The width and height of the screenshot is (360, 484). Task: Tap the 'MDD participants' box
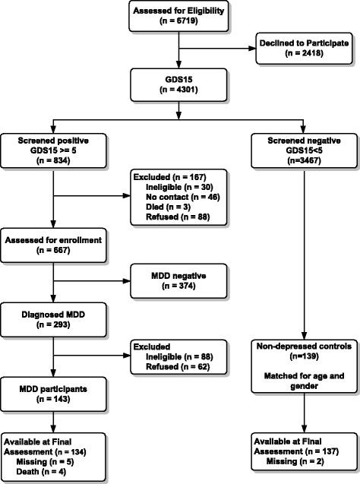coord(53,394)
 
